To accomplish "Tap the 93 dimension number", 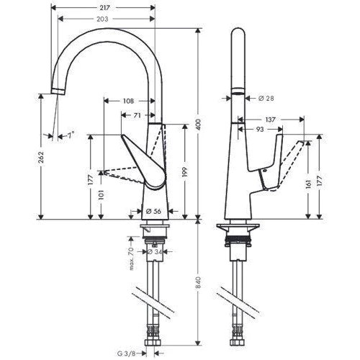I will pyautogui.click(x=257, y=129).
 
